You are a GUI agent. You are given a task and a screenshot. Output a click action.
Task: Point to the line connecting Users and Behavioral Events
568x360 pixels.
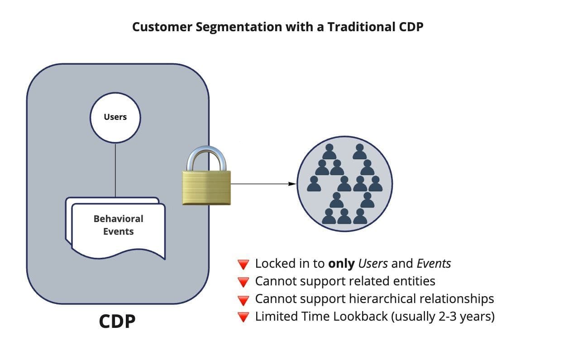point(115,170)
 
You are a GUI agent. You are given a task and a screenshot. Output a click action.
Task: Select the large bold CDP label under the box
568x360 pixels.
point(117,322)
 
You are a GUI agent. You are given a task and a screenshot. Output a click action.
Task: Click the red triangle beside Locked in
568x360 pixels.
point(243,265)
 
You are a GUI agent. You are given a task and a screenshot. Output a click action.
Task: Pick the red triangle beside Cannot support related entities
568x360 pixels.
point(243,282)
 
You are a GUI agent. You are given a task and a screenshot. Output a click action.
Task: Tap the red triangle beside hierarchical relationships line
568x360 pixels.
point(243,300)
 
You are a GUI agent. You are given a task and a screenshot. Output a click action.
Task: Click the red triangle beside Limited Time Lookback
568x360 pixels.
point(243,317)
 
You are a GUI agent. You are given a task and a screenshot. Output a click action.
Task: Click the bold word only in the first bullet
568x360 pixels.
point(341,264)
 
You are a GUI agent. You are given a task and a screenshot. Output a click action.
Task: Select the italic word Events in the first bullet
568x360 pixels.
point(434,264)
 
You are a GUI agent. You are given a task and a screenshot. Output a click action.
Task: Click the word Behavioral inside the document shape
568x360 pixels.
point(118,219)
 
